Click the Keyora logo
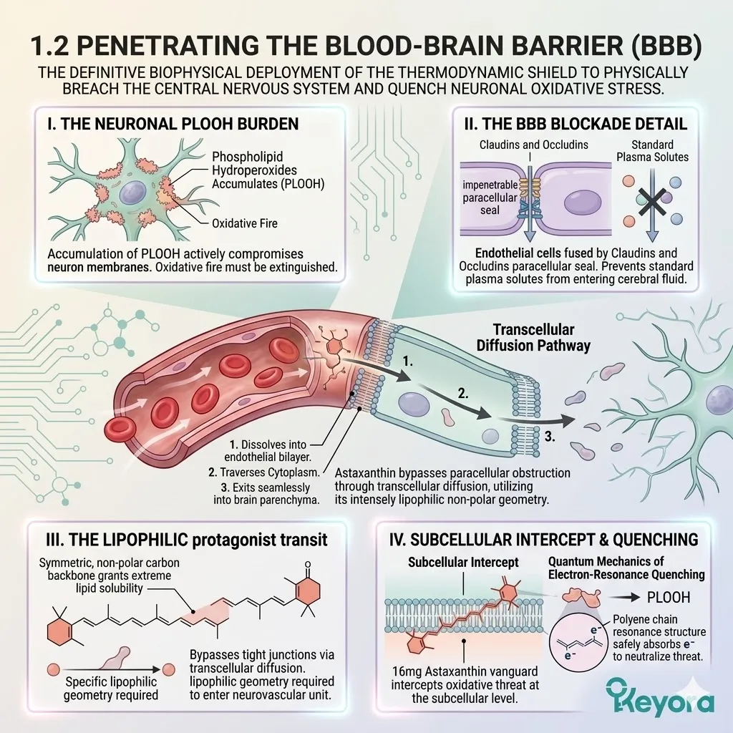[x=660, y=699]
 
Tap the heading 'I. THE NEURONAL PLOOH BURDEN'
[x=173, y=124]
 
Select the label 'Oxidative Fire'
[x=245, y=223]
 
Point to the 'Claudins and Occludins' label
[x=533, y=145]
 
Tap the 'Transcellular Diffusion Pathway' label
[x=533, y=338]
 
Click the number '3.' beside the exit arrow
[x=550, y=437]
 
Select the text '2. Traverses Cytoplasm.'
[x=264, y=472]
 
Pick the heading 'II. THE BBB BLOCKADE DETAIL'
[x=576, y=124]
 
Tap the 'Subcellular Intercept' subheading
[x=463, y=563]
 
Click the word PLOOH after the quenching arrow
[x=669, y=598]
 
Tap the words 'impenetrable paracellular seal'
[x=490, y=198]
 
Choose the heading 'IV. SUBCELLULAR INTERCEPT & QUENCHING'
[x=544, y=540]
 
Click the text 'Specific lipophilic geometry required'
[x=111, y=688]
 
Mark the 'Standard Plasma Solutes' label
[x=653, y=151]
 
